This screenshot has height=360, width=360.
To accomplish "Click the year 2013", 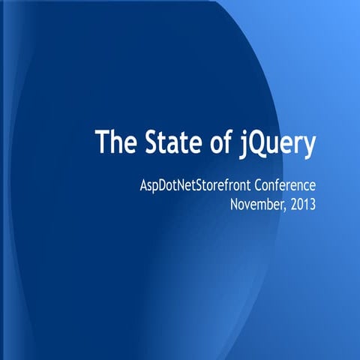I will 304,203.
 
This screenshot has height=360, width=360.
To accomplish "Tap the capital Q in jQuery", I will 259,142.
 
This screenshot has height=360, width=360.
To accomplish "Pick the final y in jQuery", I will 308,145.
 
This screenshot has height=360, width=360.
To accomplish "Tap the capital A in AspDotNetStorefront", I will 135,186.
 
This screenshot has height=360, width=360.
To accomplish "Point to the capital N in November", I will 236,203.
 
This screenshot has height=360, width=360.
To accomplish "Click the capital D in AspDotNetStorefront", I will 154,186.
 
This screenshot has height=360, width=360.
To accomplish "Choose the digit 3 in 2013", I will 313,203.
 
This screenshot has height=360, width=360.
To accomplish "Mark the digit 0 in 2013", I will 300,203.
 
